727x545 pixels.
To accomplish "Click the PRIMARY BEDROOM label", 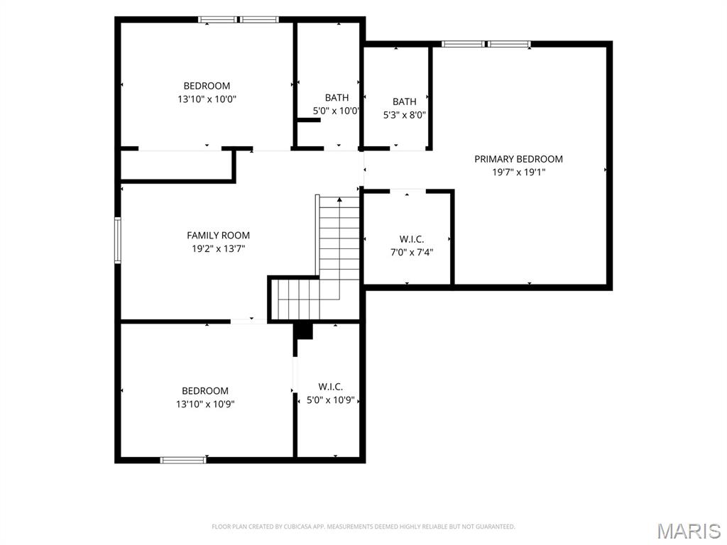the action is click(x=518, y=159).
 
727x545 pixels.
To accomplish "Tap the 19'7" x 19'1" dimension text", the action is click(x=518, y=172).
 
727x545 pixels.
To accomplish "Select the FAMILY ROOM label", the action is click(x=218, y=236).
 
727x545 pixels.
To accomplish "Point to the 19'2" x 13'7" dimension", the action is click(x=218, y=249).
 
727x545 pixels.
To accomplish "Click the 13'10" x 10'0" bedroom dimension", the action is click(x=207, y=99).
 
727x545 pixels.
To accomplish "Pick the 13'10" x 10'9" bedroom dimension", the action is click(x=205, y=404).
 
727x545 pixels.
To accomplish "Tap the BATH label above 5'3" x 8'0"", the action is click(x=404, y=101).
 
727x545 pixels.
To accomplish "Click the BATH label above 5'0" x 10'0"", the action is click(x=337, y=98).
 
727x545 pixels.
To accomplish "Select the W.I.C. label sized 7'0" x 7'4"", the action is click(x=412, y=239).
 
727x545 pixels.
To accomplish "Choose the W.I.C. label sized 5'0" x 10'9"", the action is click(x=331, y=387).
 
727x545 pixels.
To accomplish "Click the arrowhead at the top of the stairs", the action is click(x=339, y=199).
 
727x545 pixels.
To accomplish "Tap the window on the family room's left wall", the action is click(x=118, y=241).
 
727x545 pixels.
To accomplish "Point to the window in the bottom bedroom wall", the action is click(x=183, y=460).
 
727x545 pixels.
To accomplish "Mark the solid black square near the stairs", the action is click(x=305, y=331).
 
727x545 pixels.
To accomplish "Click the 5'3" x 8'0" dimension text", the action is click(x=404, y=115).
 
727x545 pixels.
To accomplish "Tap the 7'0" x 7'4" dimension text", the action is click(x=412, y=253).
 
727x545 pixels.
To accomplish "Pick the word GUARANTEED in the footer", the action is click(x=499, y=527).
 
